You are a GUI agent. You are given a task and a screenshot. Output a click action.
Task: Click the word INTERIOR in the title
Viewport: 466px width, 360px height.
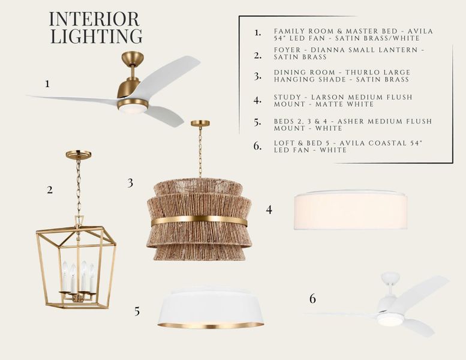[x=94, y=19]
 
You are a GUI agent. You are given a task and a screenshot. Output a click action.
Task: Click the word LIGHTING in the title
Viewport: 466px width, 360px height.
[x=97, y=36]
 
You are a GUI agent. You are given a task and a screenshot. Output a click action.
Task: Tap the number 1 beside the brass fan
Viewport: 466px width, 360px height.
[x=47, y=84]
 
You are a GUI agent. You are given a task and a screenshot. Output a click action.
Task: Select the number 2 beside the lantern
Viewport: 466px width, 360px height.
[x=50, y=190]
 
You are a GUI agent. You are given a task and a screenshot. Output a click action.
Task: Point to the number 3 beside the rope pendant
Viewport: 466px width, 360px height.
[x=130, y=183]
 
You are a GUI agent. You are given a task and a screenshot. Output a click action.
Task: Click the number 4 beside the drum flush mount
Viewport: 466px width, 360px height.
[x=269, y=210]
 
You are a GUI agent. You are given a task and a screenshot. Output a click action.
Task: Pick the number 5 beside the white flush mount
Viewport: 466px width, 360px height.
[x=137, y=311]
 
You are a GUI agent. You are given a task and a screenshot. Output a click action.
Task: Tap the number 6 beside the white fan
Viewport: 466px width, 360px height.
[x=312, y=298]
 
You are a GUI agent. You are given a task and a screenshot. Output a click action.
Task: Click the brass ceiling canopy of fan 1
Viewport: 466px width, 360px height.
[x=133, y=58]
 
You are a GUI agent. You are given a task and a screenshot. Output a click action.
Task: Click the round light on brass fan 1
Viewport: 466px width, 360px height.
[x=133, y=106]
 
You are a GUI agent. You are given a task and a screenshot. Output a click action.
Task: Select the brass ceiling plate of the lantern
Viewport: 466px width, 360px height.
[x=79, y=154]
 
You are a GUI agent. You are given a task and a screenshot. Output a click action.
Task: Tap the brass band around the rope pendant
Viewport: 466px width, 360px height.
[x=199, y=221]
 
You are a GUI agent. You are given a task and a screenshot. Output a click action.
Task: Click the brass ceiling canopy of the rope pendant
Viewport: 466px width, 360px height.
[x=200, y=123]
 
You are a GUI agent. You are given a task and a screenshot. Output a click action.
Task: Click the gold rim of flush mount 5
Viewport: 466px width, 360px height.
[x=211, y=325]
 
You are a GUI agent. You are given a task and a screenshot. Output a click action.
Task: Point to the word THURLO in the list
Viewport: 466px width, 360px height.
[x=360, y=73]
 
